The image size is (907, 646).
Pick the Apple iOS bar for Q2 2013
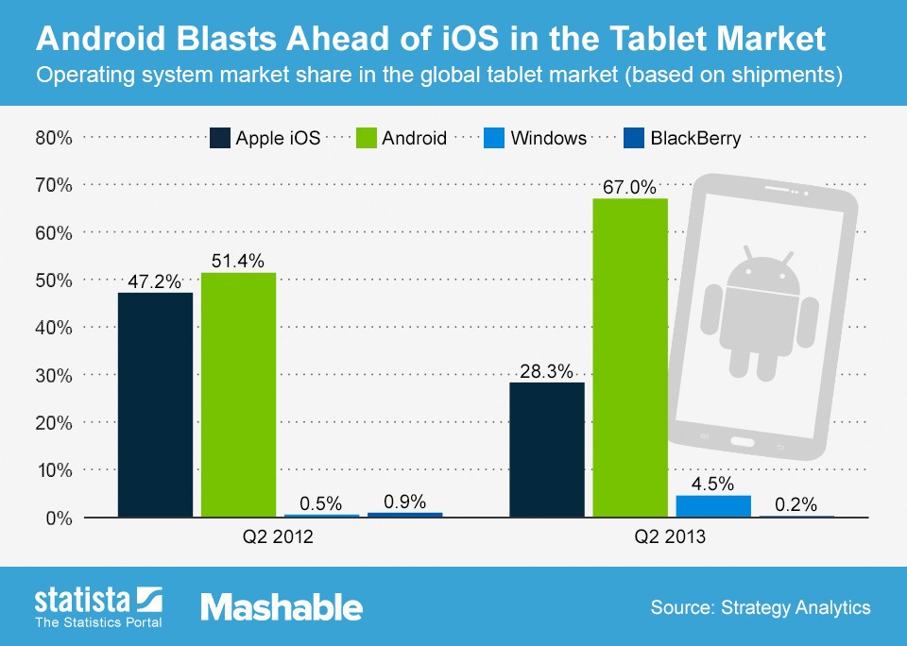tap(547, 450)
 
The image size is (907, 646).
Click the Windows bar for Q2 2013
tap(713, 506)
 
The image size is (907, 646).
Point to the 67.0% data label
tap(629, 187)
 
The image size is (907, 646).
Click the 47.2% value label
tap(155, 280)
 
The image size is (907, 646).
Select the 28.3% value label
tap(547, 371)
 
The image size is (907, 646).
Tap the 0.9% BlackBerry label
tap(404, 501)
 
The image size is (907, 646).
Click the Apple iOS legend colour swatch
tap(219, 138)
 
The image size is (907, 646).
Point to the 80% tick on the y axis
tap(54, 138)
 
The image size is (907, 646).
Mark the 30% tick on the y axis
tap(54, 375)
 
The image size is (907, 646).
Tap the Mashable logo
tap(282, 607)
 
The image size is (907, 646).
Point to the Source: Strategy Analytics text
tap(760, 607)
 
